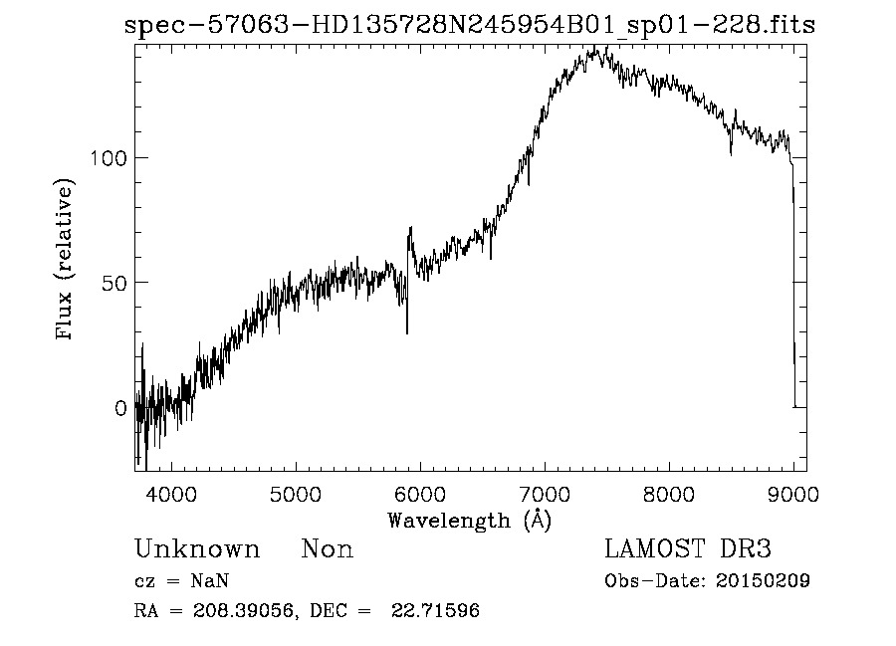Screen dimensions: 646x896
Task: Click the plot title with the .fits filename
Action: [470, 26]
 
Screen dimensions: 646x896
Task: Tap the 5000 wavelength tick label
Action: [296, 492]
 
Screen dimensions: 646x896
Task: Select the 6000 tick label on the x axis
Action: [420, 492]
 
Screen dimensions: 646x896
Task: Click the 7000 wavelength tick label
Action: [545, 492]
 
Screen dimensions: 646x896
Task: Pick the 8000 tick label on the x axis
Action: [669, 492]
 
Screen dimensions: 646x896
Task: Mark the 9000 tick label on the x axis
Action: [793, 492]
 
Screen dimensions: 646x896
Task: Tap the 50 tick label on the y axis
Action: [112, 283]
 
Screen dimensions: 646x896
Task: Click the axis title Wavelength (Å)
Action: [469, 520]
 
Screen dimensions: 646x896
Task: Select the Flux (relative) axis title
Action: [67, 261]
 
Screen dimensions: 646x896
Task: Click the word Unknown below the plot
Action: [196, 549]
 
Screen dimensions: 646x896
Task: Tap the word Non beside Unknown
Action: [327, 549]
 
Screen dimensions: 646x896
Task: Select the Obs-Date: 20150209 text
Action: [706, 581]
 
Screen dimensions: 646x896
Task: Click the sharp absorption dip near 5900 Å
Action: [406, 328]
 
